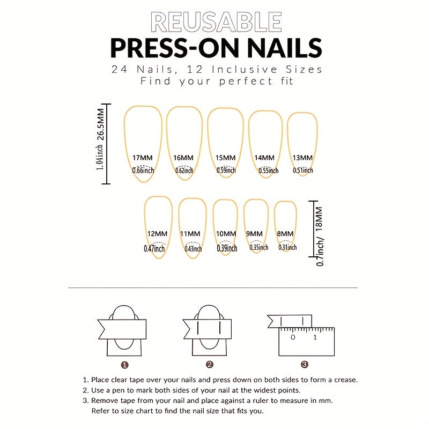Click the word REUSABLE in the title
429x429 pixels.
tap(216, 23)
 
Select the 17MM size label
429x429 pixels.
tap(142, 158)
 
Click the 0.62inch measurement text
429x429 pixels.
tap(185, 171)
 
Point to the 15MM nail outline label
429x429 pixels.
tap(226, 158)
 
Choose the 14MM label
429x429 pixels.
tap(264, 158)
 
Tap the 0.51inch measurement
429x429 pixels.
tap(303, 171)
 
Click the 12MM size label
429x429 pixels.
tap(158, 234)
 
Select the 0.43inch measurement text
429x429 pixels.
tap(193, 248)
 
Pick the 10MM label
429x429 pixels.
tap(226, 234)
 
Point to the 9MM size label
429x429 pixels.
tap(255, 234)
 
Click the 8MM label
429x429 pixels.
tap(285, 234)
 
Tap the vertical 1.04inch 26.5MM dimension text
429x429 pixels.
tap(100, 144)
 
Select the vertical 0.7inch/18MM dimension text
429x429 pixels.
tap(320, 236)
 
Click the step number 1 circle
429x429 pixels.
tap(125, 365)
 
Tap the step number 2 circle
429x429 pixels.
tap(210, 365)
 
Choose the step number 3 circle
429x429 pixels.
tap(305, 365)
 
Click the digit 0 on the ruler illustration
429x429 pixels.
tap(293, 337)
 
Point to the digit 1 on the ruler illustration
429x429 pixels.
tap(315, 337)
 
